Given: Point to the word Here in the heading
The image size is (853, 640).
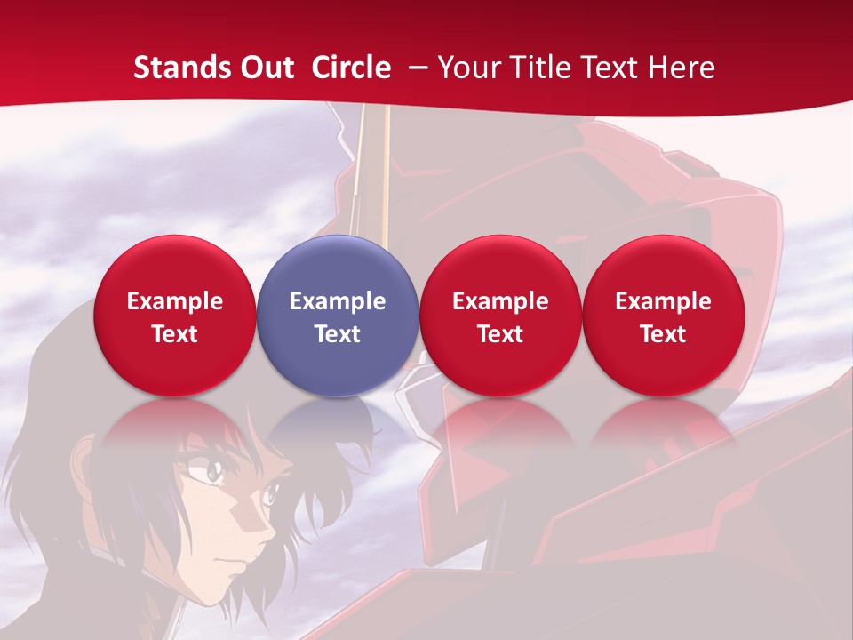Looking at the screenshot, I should pos(681,68).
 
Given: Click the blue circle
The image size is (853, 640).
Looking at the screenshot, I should pos(338,316).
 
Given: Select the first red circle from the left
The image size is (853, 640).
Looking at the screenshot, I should pos(174,316).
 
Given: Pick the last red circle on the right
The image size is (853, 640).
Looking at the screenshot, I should pos(663,316).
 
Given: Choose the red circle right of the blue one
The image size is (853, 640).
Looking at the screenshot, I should pos(500,316).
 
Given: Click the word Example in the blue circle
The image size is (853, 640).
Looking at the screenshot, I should pos(338,301).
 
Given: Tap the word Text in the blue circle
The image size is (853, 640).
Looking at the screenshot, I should pos(338,334).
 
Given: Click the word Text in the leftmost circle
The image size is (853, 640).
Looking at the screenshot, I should pos(174,334).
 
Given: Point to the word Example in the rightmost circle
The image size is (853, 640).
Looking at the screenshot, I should pos(663,301).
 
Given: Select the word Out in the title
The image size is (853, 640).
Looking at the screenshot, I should pos(267,68).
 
